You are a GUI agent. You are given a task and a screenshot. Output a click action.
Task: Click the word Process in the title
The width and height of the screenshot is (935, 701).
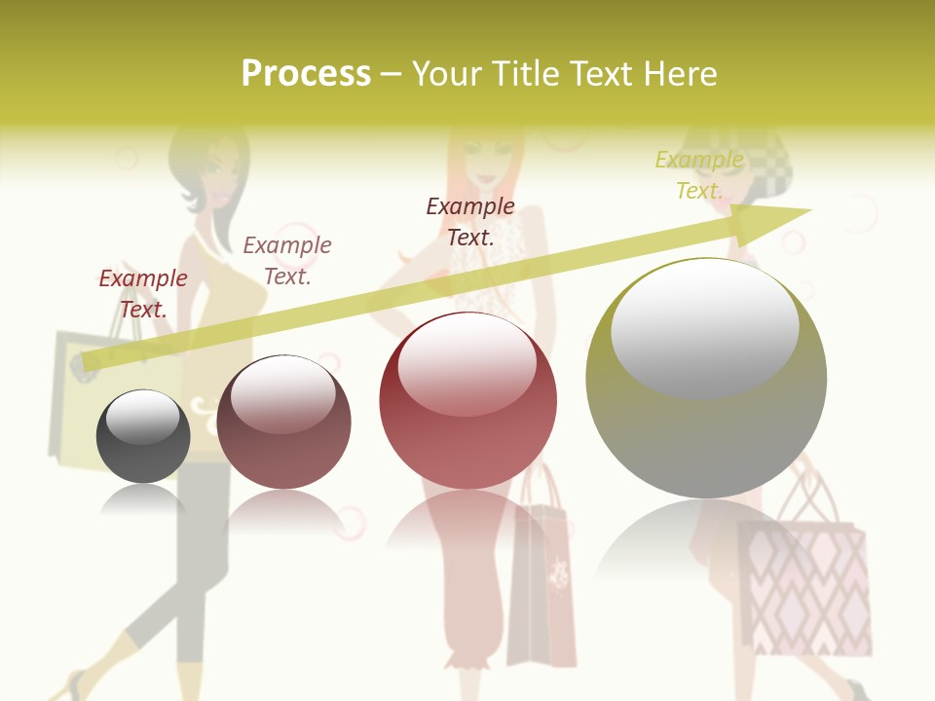pyautogui.click(x=306, y=74)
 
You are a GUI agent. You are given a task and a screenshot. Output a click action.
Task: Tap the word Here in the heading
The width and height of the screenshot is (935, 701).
pyautogui.click(x=679, y=74)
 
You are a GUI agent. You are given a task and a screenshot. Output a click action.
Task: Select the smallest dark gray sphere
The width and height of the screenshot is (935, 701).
pyautogui.click(x=143, y=436)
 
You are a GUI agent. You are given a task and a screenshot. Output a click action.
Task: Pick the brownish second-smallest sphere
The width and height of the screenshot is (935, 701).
pyautogui.click(x=283, y=423)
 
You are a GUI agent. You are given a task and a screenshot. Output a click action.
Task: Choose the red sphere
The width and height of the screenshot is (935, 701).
pyautogui.click(x=467, y=401)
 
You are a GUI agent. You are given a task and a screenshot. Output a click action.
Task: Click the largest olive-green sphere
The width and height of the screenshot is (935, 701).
pyautogui.click(x=706, y=380)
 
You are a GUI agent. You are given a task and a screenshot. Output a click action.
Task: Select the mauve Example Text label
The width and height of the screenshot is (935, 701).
pyautogui.click(x=287, y=261)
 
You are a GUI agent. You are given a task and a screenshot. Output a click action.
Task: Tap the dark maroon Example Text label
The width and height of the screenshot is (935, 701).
pyautogui.click(x=470, y=221)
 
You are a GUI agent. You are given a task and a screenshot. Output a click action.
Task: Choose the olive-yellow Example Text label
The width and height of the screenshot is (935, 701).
pyautogui.click(x=699, y=175)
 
